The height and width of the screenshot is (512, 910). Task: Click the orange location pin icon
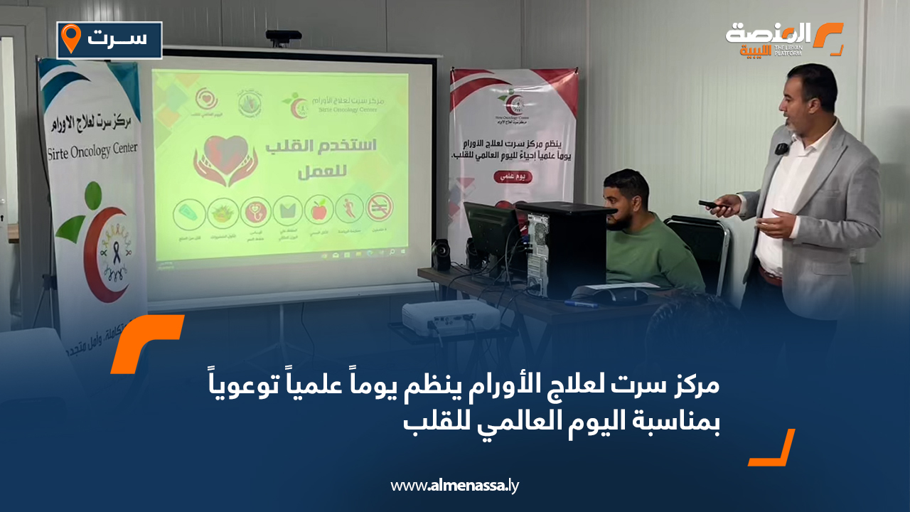click(x=70, y=38)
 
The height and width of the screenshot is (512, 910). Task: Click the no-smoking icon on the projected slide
click(x=380, y=208)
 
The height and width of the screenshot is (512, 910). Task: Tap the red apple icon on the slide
click(x=318, y=210)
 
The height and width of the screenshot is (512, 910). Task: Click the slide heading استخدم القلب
click(x=320, y=147)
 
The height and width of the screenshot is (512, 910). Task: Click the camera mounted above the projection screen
click(x=283, y=36)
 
